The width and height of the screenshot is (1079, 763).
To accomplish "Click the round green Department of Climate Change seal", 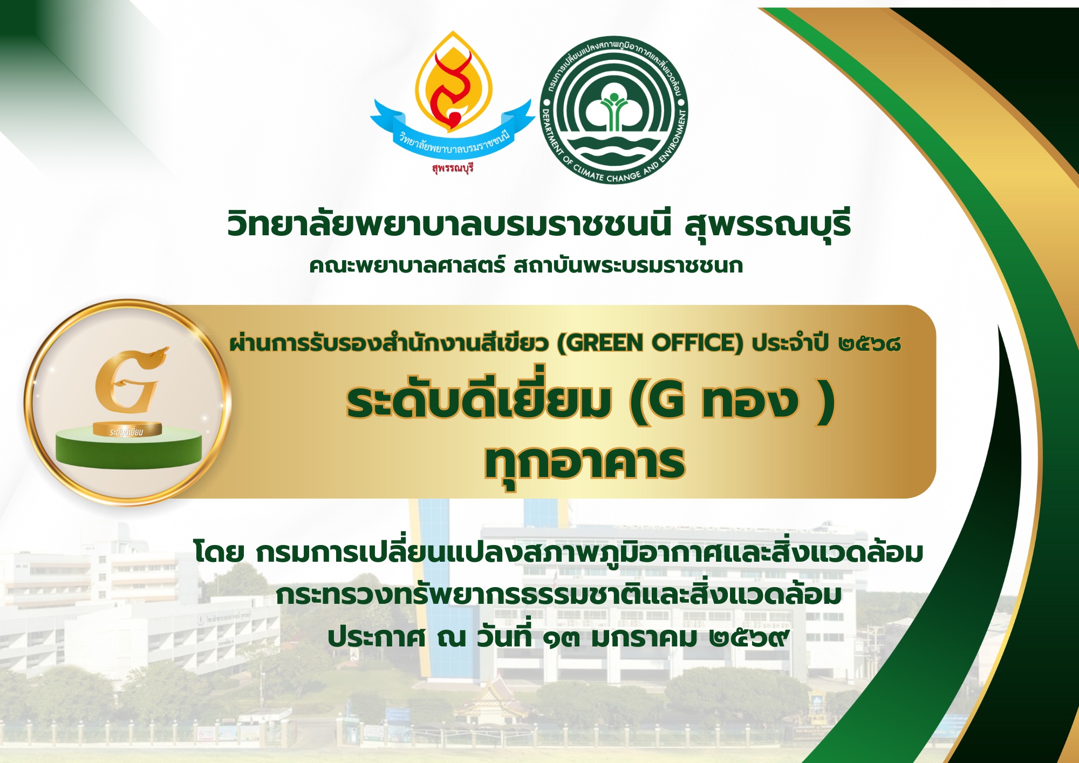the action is [x=614, y=110].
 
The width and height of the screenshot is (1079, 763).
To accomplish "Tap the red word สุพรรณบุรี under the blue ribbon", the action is [x=453, y=168].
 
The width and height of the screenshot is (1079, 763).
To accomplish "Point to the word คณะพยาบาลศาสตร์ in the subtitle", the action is [x=407, y=265].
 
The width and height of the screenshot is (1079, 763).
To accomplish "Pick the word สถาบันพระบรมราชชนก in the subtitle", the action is [x=629, y=265].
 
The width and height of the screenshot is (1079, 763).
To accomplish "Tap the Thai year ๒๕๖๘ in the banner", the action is [x=869, y=343].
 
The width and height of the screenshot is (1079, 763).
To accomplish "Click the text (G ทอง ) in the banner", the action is [x=732, y=402].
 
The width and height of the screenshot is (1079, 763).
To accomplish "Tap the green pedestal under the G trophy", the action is [x=128, y=447].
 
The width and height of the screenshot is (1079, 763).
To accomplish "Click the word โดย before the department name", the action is [x=218, y=551].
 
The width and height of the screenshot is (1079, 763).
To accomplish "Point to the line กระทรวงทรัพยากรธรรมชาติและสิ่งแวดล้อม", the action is [x=559, y=594].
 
